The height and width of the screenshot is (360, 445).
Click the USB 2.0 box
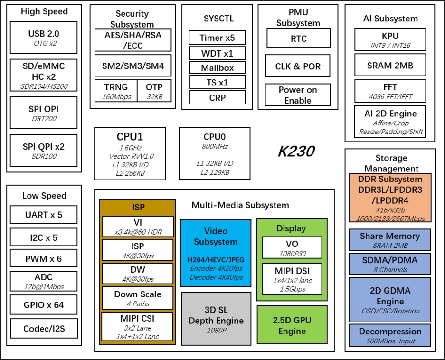tap(43, 37)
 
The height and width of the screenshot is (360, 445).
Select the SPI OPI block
tap(43, 113)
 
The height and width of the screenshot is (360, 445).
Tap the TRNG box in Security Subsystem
tap(116, 91)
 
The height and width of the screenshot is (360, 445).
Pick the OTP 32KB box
tap(154, 91)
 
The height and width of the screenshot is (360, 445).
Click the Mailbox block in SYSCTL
tap(217, 67)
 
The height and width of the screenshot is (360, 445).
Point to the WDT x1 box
tap(217, 53)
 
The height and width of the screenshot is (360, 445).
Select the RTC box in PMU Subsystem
tap(298, 38)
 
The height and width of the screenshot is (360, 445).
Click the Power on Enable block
tap(298, 95)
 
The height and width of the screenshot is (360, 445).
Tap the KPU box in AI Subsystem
tap(389, 40)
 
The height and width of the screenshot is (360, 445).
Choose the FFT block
tap(389, 91)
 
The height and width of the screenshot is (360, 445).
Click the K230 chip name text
tap(296, 152)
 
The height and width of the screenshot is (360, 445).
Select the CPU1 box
tap(130, 153)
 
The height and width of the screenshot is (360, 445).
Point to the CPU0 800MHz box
tap(215, 153)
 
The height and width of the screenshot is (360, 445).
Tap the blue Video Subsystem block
tap(215, 253)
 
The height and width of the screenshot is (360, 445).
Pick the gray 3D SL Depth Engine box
tap(216, 318)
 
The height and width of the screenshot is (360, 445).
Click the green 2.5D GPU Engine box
tap(292, 325)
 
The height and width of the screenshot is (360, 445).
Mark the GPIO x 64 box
tap(44, 305)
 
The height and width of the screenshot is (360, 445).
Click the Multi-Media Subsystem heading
tap(240, 205)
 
